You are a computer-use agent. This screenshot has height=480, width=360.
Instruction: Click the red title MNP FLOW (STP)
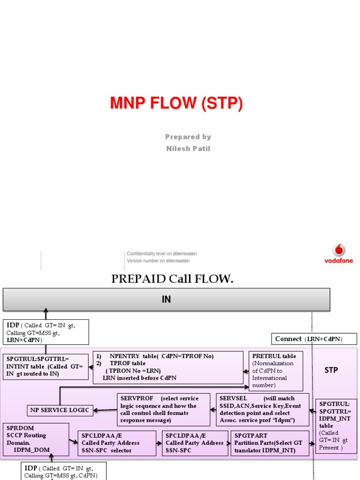coord(176,103)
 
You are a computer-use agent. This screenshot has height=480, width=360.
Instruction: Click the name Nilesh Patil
coord(188,149)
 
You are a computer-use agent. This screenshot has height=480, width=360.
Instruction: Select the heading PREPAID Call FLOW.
coord(172,279)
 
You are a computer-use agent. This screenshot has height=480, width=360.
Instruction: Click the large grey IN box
coord(166,300)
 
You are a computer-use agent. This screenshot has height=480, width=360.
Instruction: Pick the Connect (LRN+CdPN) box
coord(314,339)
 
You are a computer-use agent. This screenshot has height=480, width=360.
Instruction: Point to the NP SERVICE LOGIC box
coord(60,410)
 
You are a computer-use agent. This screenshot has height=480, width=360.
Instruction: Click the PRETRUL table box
coord(276,371)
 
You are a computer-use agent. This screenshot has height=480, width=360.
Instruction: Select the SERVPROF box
coord(163,410)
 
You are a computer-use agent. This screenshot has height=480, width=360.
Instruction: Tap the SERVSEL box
coord(262,410)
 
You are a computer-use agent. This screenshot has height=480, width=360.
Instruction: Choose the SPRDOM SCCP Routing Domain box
coord(36,439)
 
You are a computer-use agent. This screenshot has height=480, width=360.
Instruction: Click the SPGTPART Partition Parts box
coord(270,443)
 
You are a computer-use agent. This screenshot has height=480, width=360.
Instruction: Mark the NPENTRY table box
coord(168,367)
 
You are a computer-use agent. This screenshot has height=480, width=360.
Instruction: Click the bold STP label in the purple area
coord(331,370)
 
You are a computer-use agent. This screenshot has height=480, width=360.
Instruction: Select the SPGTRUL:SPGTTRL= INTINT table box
coord(45,367)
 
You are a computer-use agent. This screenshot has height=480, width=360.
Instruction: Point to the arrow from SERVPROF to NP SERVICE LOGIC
coord(105,410)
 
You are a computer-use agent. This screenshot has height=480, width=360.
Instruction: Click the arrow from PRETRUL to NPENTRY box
coord(246,371)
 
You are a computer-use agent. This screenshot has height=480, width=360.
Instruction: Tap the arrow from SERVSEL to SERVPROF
coord(213,410)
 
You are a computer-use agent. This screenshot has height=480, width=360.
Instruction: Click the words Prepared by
coord(188,137)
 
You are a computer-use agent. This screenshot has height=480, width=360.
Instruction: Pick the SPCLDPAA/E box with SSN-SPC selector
coord(116,443)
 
